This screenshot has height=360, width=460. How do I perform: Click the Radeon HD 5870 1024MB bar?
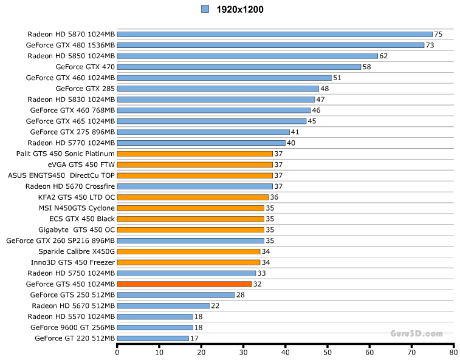click(x=274, y=34)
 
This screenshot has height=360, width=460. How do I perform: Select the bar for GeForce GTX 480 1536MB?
click(x=270, y=45)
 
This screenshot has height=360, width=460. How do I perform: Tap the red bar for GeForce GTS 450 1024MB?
click(x=184, y=284)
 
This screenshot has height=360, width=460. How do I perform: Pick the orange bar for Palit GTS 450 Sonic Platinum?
click(x=194, y=154)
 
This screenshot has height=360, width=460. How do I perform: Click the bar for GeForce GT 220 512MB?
click(x=153, y=338)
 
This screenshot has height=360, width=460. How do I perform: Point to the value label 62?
click(x=383, y=56)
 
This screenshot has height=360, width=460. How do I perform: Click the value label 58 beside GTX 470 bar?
click(x=366, y=67)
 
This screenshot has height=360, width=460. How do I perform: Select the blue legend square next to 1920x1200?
click(x=205, y=9)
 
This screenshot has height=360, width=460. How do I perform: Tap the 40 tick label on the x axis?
click(x=285, y=352)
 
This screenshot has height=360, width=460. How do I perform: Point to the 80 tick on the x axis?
click(x=453, y=352)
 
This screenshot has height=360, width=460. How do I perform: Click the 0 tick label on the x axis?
click(x=117, y=352)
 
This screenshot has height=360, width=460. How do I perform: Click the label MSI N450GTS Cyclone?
click(x=76, y=208)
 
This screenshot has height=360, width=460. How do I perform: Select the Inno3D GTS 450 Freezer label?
click(x=73, y=262)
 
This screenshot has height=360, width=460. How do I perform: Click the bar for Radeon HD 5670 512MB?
click(x=163, y=305)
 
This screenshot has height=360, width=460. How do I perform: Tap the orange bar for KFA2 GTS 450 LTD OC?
click(x=193, y=197)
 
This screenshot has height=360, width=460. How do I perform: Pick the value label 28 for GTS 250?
click(x=241, y=295)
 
